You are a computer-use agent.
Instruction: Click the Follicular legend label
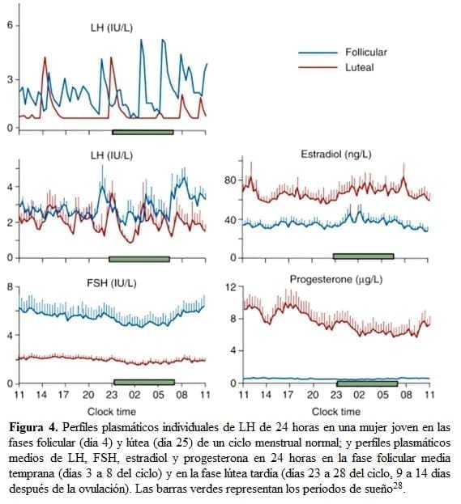point(366,53)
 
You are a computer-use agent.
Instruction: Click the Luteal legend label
point(360,67)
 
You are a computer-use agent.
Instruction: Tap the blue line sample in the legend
point(318,53)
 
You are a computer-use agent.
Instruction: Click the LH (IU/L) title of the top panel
point(112,29)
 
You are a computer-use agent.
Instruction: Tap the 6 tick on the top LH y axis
point(10,25)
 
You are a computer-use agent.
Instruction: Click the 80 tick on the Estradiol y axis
point(228,179)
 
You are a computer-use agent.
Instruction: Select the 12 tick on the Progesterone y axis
point(228,288)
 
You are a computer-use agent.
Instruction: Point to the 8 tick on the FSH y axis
point(10,287)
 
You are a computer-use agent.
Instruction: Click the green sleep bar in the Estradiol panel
point(363,256)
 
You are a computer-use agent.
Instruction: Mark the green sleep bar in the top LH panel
point(143,131)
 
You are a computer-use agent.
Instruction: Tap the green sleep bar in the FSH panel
point(143,382)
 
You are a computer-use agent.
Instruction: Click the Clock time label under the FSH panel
point(112,412)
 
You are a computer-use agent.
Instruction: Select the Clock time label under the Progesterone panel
point(335,412)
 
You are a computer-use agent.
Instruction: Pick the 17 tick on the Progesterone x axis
point(288,396)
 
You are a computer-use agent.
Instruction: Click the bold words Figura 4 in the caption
point(32,426)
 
